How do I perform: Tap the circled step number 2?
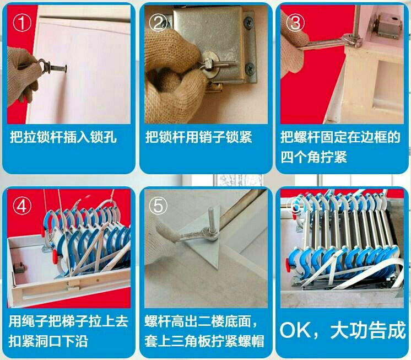pos(159,23)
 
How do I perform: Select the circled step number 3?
pos(295,23)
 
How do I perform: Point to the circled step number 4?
pos(22,206)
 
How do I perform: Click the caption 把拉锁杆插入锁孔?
pos(63,137)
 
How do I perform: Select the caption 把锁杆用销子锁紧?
pos(199,137)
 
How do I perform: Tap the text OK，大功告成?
pos(342,331)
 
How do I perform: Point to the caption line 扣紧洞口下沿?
pos(49,341)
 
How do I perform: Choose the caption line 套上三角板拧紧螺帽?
pos(204,341)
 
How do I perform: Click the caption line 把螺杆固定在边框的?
pos(340,137)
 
